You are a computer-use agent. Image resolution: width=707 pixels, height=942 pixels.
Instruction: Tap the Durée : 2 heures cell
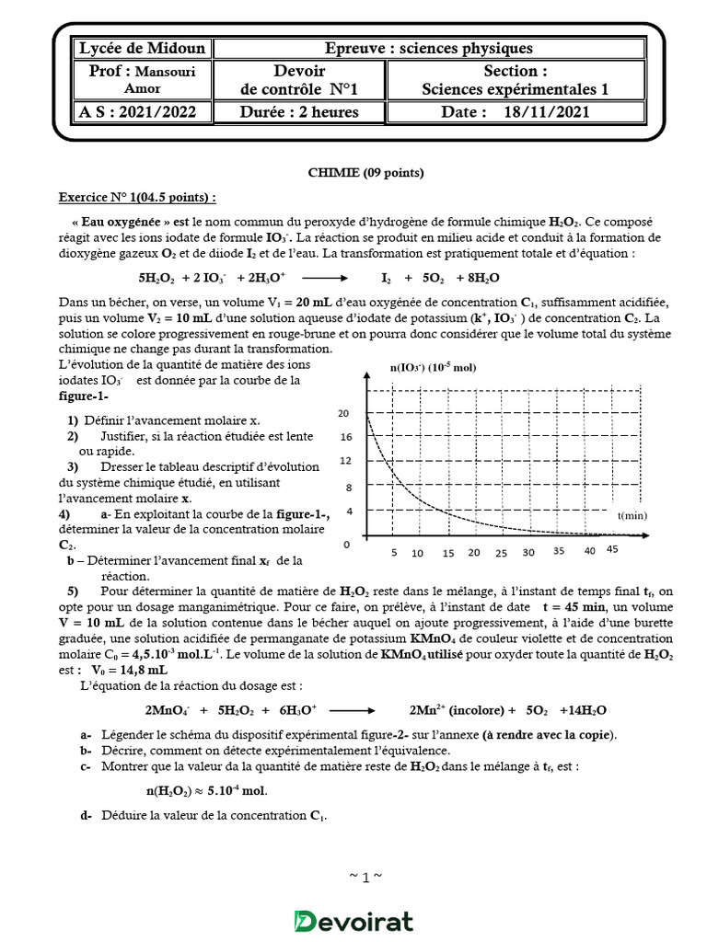point(300,112)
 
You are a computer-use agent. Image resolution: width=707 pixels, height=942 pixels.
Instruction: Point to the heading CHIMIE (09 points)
point(353,173)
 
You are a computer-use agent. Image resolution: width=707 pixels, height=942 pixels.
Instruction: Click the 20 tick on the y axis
point(344,413)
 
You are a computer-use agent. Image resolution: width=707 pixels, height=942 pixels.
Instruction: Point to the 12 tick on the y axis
point(344,460)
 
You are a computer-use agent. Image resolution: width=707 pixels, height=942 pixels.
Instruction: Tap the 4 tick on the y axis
point(347,510)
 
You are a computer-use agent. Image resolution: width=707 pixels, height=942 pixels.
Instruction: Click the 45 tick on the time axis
point(612,550)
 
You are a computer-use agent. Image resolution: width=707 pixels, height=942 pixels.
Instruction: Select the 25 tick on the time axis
point(501,553)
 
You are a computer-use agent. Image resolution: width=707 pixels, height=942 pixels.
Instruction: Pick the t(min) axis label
point(632,518)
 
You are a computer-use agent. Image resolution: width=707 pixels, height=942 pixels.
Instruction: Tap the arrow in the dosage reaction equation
point(351,710)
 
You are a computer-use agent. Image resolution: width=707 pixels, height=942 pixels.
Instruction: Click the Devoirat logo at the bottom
point(353,921)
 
